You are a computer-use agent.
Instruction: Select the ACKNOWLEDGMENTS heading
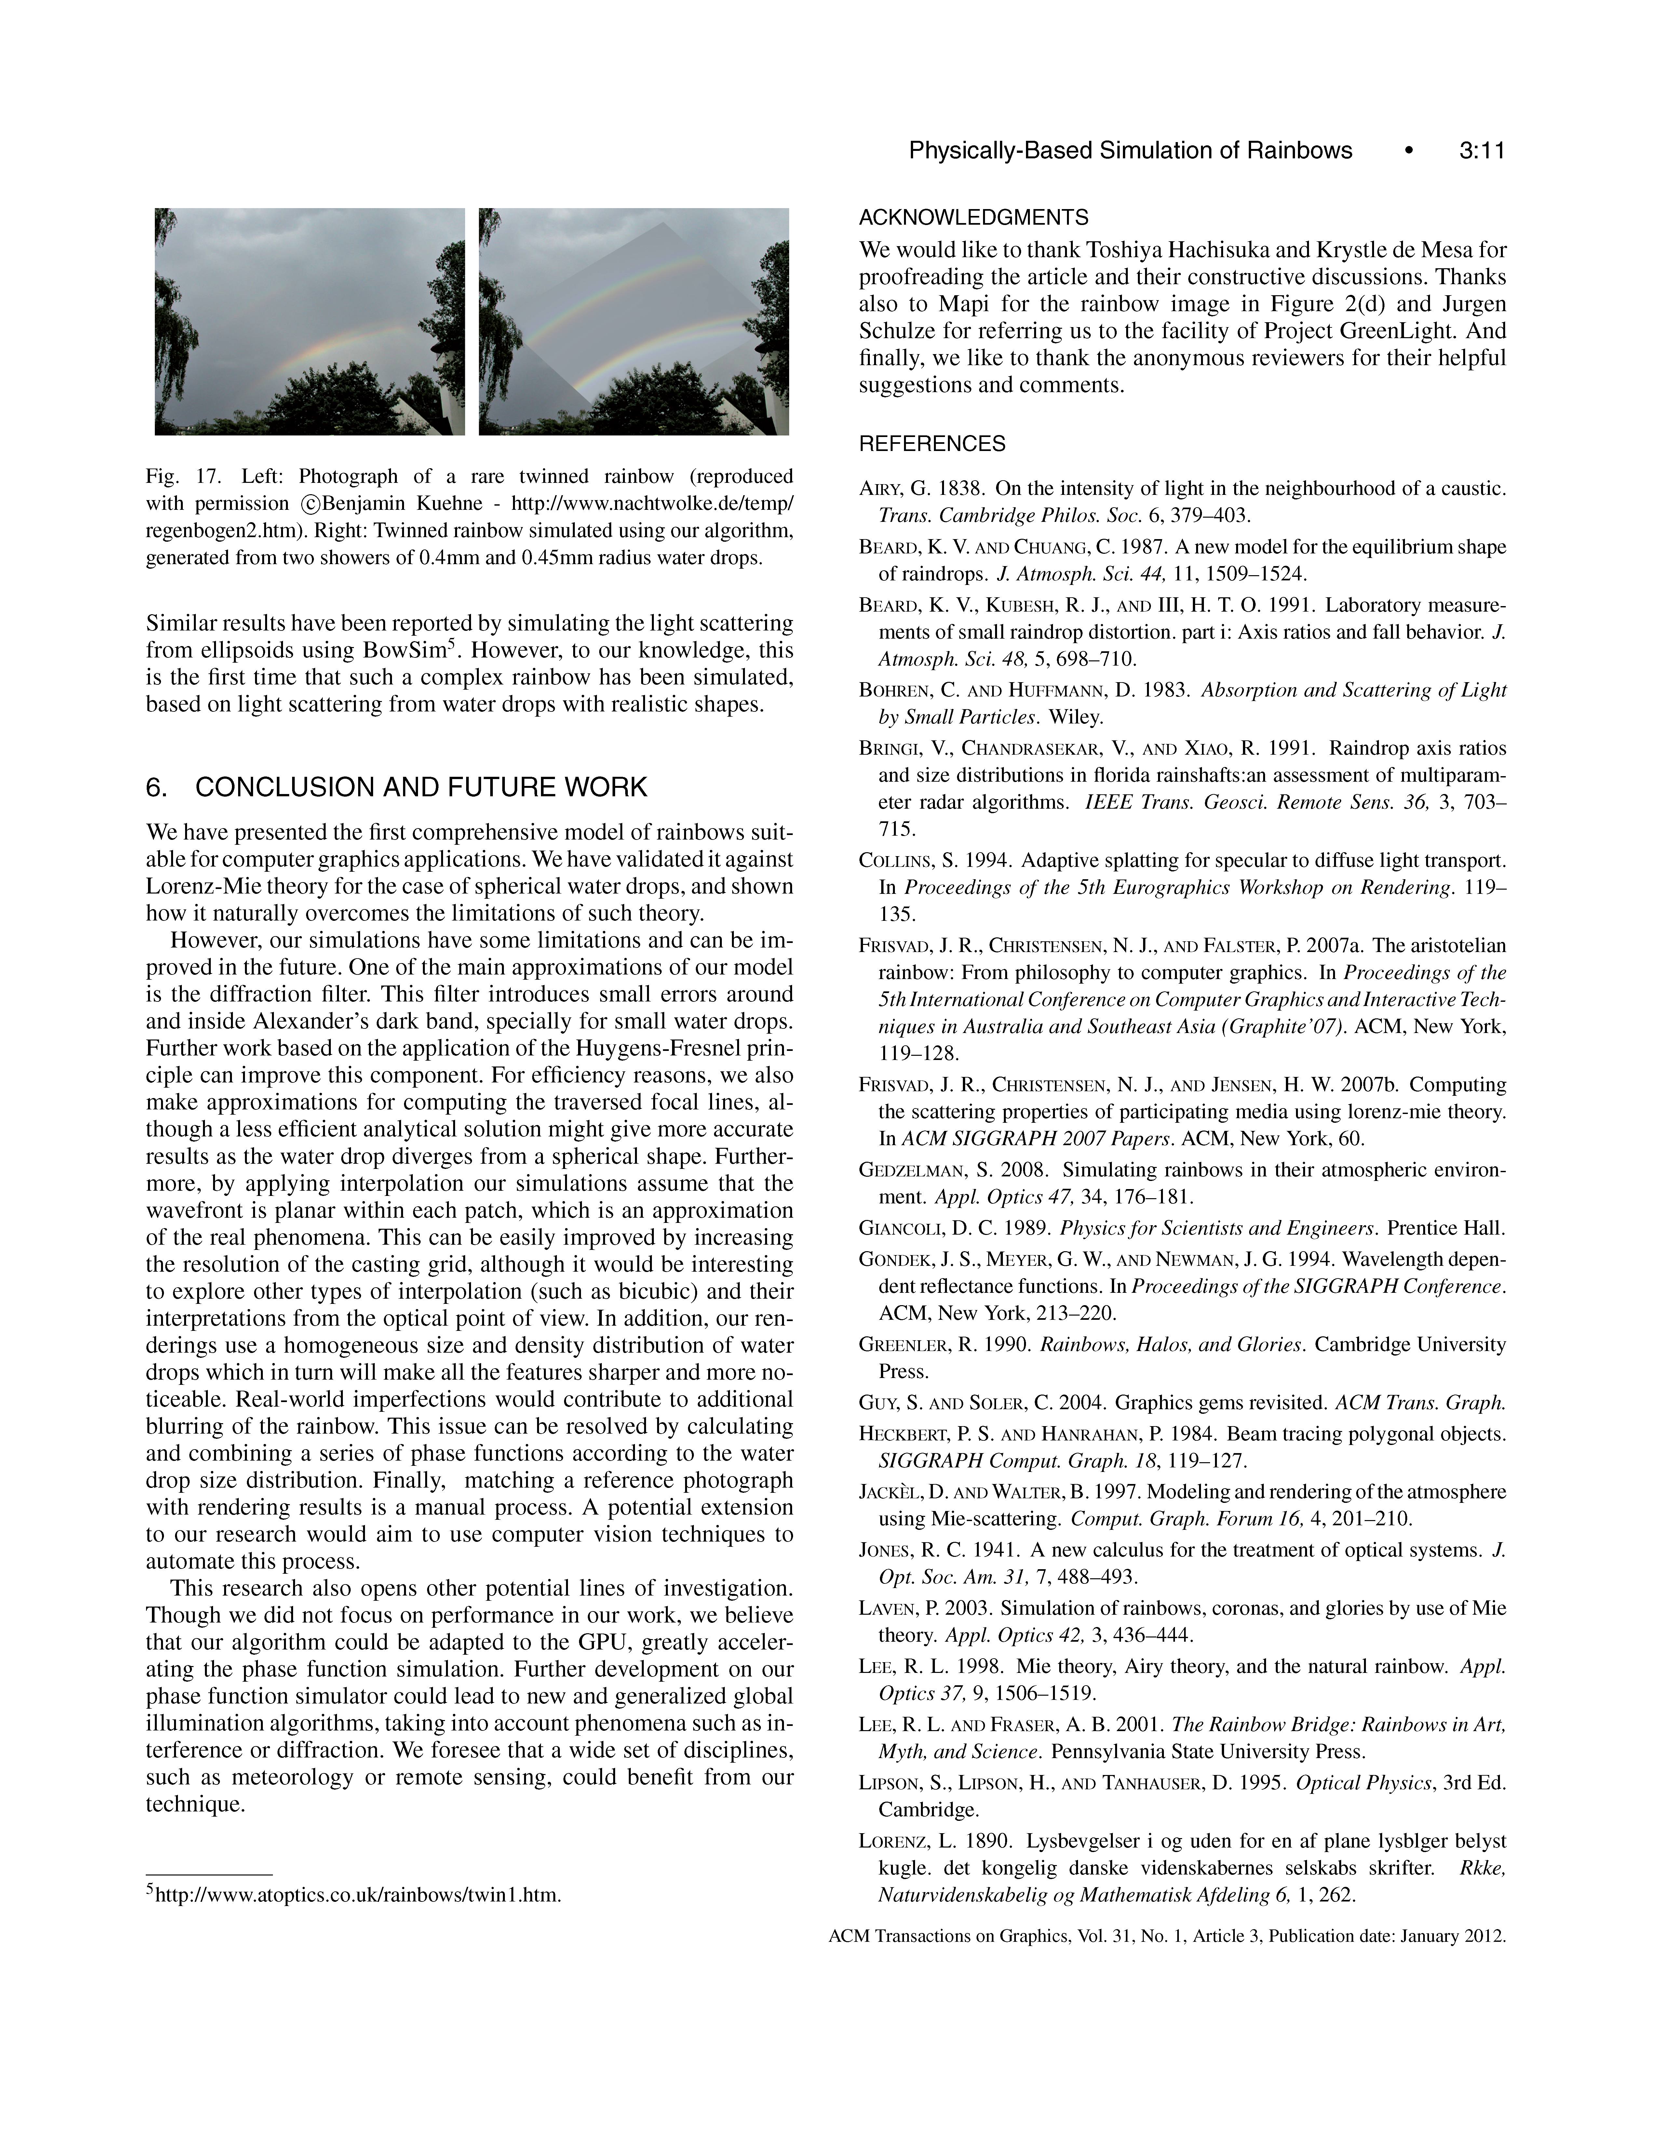tap(973, 217)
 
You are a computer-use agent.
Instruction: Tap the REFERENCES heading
tap(932, 444)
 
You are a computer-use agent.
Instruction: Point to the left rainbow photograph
tap(310, 321)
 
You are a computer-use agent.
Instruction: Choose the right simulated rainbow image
tap(634, 321)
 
